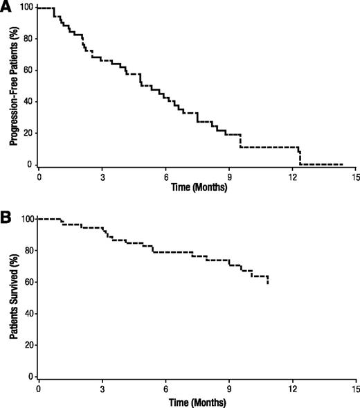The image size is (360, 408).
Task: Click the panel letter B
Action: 6,217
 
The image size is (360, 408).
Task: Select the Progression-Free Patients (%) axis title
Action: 13,86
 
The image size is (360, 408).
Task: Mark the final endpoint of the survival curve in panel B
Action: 268,283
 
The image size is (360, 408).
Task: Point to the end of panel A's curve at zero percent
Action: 342,164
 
